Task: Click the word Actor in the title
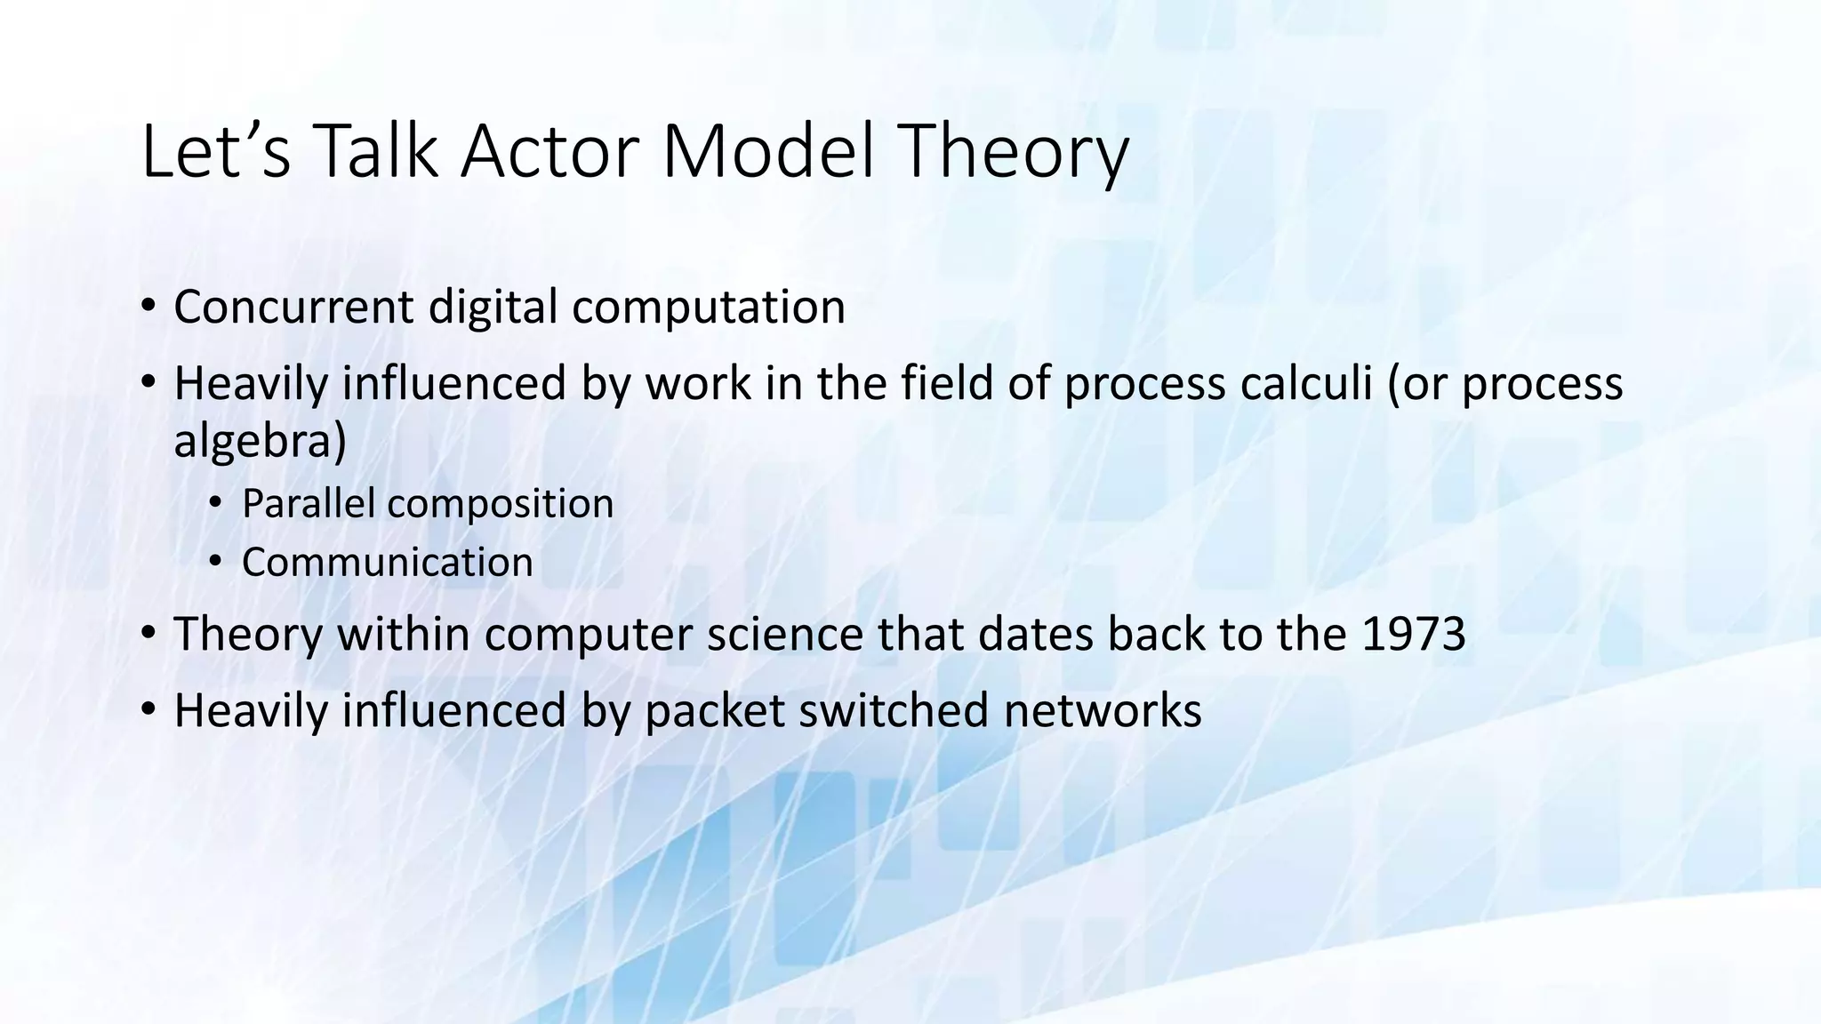pos(552,151)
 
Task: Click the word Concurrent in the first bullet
pos(293,307)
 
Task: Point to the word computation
pos(708,307)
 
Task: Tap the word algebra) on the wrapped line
pos(260,440)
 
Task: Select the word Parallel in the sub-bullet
pos(308,503)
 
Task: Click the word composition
pos(501,505)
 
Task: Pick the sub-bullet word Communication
pos(387,562)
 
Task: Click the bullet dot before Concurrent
pos(148,308)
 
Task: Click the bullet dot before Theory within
pos(148,635)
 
